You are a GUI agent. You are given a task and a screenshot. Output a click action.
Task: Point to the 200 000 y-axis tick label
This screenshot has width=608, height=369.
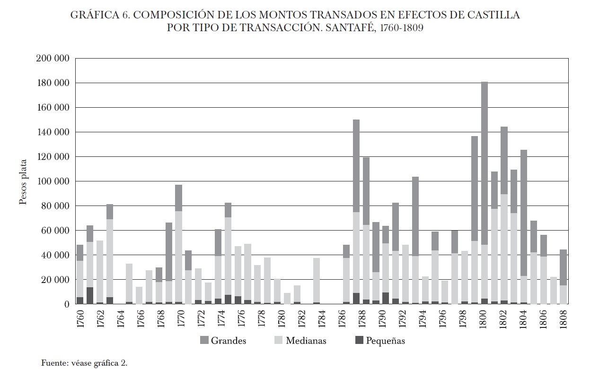[x=53, y=59]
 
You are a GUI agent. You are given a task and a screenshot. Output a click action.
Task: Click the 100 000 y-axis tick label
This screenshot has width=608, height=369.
[x=53, y=181]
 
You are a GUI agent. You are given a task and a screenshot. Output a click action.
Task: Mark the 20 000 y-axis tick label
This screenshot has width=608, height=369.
[x=55, y=280]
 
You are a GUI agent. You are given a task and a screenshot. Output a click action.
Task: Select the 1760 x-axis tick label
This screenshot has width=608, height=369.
[x=80, y=319]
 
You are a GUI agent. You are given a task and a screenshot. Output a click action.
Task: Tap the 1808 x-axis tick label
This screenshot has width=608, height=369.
[x=563, y=319]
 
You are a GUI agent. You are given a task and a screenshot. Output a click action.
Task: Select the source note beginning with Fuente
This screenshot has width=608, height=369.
[x=85, y=363]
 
